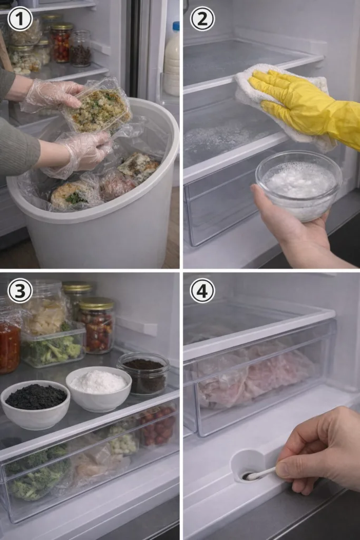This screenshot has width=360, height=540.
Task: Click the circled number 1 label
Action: [x=20, y=20]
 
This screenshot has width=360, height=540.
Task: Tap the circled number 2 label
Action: [x=202, y=20]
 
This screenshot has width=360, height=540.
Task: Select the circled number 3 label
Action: [x=20, y=291]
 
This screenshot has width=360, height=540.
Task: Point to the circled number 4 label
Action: [x=202, y=291]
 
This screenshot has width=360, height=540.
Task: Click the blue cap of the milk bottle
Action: [x=176, y=26]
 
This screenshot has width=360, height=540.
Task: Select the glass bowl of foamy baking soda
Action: [x=298, y=185]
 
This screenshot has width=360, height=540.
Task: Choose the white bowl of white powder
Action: [x=99, y=388]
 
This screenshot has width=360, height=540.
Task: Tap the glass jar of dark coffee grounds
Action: [x=143, y=374]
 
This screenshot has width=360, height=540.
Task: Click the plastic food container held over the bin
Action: [x=97, y=105]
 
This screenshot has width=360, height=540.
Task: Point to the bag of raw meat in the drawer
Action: [x=255, y=375]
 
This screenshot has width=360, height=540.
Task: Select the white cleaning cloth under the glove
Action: [x=286, y=103]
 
